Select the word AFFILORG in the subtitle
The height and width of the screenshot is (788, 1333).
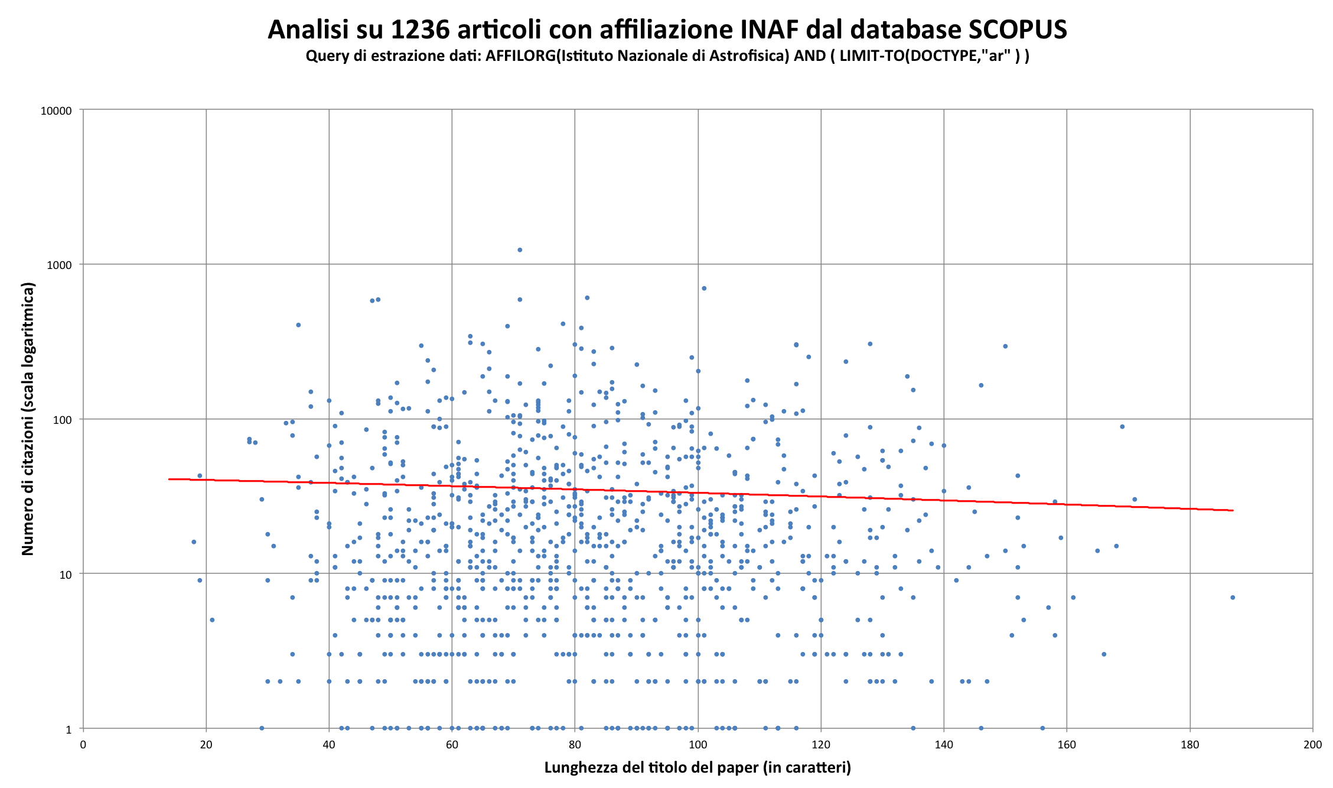(520, 56)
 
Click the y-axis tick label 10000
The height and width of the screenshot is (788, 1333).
(56, 111)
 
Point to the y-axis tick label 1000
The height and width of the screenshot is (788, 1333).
(59, 265)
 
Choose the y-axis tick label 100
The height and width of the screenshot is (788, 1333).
(62, 420)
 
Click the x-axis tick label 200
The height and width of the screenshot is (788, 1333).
(1312, 745)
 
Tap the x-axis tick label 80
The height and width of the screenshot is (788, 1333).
(575, 745)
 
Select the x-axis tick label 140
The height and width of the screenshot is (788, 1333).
(944, 745)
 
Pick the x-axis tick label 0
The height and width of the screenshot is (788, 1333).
(83, 745)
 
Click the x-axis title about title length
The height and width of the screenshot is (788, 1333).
(698, 768)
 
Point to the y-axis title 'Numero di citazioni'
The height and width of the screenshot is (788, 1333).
(28, 419)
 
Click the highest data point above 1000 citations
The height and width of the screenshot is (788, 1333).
(520, 250)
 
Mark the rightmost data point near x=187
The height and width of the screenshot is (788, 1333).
(1233, 598)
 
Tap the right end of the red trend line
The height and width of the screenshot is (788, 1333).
(1233, 510)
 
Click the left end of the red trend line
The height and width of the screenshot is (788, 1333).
(170, 479)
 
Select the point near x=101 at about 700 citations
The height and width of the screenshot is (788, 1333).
(704, 288)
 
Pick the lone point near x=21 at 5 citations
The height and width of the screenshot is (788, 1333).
(212, 620)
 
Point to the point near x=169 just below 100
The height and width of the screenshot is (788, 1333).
(1122, 427)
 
